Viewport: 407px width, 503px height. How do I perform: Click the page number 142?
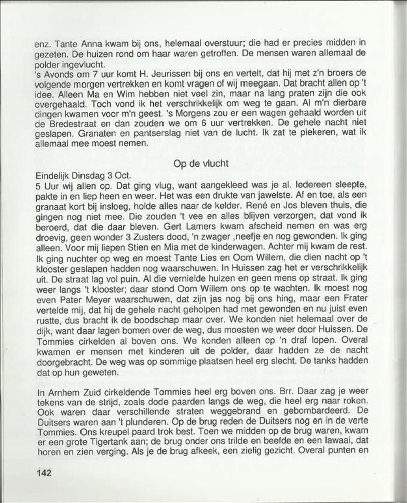pos(44,473)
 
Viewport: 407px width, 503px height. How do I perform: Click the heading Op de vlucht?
pos(201,163)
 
